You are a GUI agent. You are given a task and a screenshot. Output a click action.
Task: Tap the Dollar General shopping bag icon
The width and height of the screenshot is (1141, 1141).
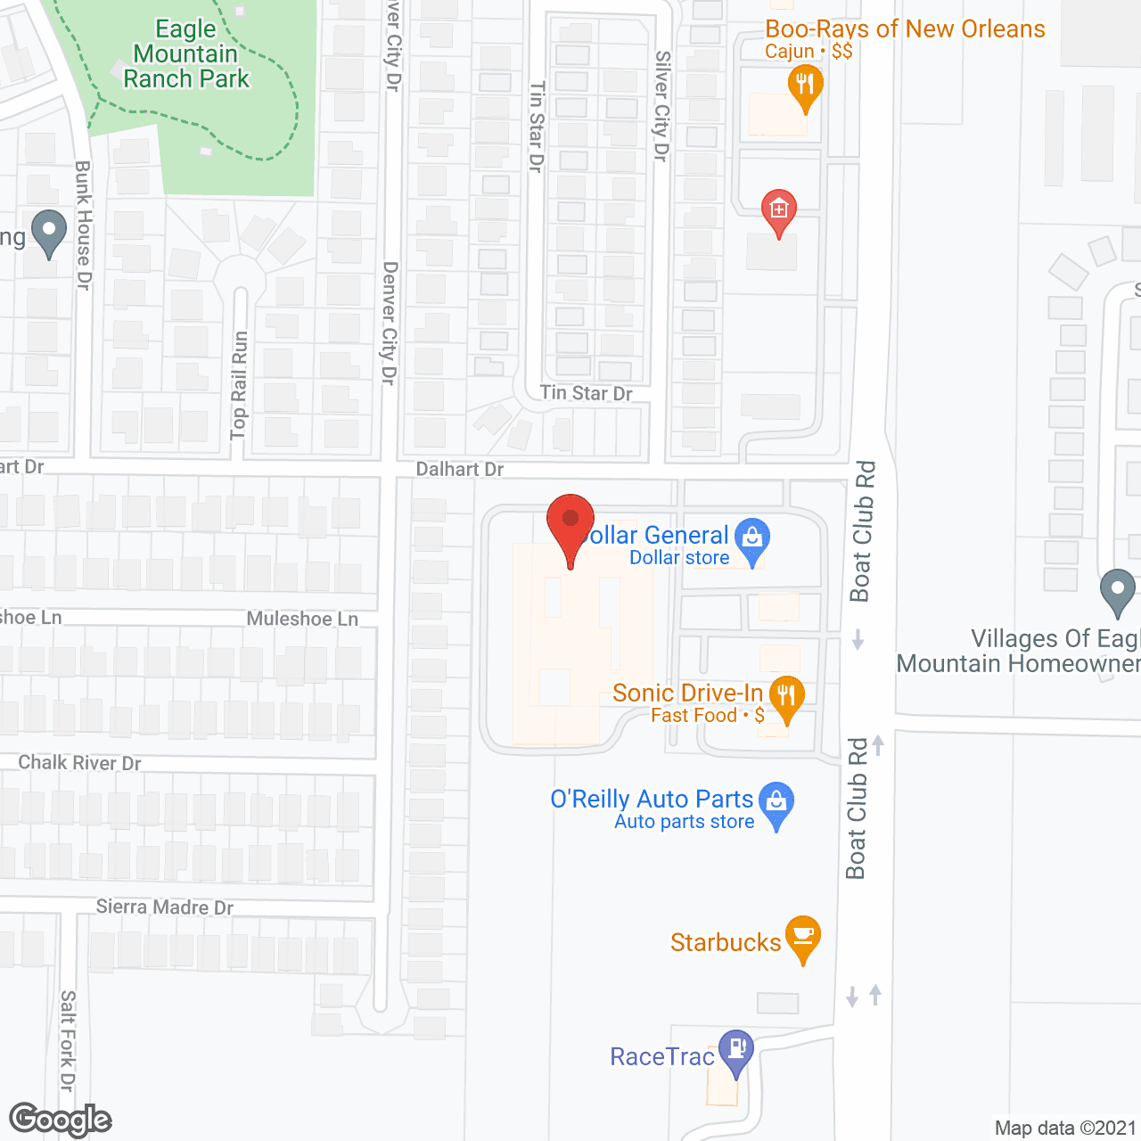(x=752, y=538)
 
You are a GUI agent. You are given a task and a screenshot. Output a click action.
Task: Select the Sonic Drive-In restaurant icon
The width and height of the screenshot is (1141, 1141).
(x=786, y=696)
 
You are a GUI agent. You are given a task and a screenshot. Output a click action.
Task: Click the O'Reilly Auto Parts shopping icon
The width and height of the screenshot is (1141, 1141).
(x=776, y=802)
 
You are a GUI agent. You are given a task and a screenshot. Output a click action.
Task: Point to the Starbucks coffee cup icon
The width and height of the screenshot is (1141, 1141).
(x=803, y=936)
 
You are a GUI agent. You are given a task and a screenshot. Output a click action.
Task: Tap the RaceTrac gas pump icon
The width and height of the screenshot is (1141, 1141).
(x=736, y=1049)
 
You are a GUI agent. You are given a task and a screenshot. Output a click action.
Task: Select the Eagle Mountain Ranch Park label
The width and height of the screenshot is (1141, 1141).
(x=186, y=54)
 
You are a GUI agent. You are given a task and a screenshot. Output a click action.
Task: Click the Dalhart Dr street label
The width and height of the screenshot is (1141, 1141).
(x=460, y=469)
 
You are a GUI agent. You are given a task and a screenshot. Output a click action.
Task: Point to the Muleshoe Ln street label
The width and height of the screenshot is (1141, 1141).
(x=302, y=619)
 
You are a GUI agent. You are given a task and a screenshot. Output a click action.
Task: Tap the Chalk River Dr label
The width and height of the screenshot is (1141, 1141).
(x=80, y=763)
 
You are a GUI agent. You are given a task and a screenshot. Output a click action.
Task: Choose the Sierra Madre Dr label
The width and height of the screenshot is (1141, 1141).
(x=165, y=907)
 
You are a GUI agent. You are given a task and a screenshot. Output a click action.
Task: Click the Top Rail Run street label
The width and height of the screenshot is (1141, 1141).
(x=239, y=385)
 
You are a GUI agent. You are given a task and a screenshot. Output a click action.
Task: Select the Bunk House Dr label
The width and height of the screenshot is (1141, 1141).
(x=83, y=225)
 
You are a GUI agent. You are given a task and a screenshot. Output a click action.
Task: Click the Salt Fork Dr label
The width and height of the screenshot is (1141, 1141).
(x=68, y=1040)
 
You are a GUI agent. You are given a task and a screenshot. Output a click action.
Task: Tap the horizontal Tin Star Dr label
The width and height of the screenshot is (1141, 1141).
(x=586, y=393)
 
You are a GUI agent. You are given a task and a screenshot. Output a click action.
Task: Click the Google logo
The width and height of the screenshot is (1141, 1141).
(x=61, y=1120)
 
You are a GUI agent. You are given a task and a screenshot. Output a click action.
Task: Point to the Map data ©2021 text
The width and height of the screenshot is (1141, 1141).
(x=1065, y=1129)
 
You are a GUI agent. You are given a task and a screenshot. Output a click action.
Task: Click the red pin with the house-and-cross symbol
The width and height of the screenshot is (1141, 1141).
(x=778, y=210)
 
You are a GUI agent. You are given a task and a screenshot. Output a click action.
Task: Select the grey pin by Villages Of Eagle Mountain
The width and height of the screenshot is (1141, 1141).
(x=1117, y=589)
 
